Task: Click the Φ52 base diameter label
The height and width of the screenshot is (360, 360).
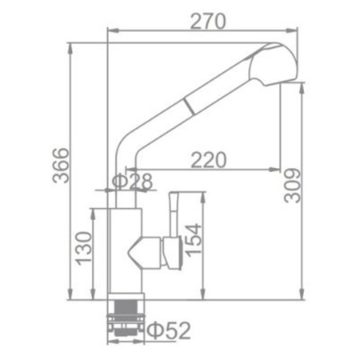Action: pos(169,328)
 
